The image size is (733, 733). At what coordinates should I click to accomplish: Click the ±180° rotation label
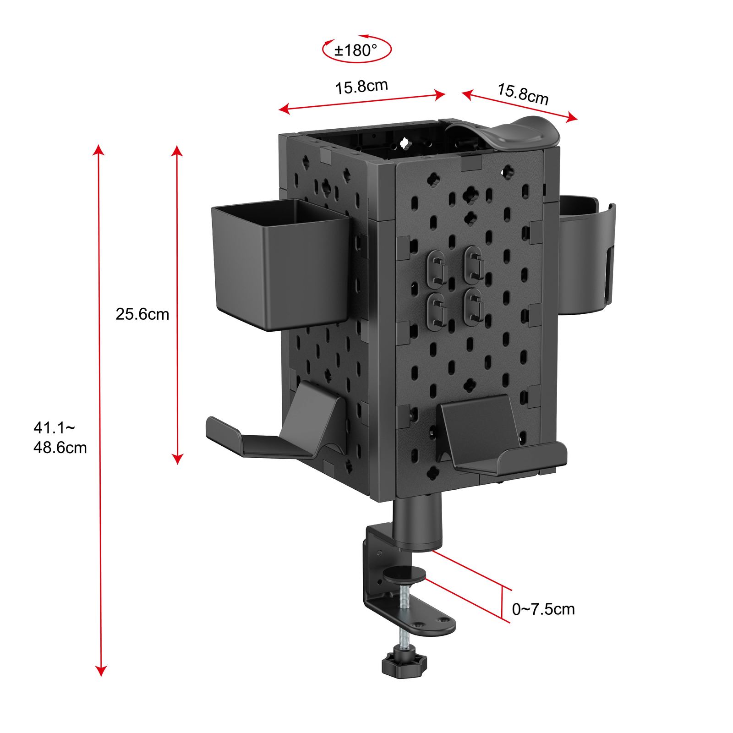tap(356, 50)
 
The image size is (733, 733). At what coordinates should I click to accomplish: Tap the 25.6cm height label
tap(142, 314)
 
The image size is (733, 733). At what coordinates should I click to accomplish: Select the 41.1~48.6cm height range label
tap(60, 438)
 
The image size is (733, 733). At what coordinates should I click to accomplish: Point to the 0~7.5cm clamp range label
tap(543, 609)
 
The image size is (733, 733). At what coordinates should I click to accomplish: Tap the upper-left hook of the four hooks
tap(437, 268)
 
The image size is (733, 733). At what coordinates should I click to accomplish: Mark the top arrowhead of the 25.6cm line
tap(177, 151)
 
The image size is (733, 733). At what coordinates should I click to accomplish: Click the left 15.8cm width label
tap(361, 86)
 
